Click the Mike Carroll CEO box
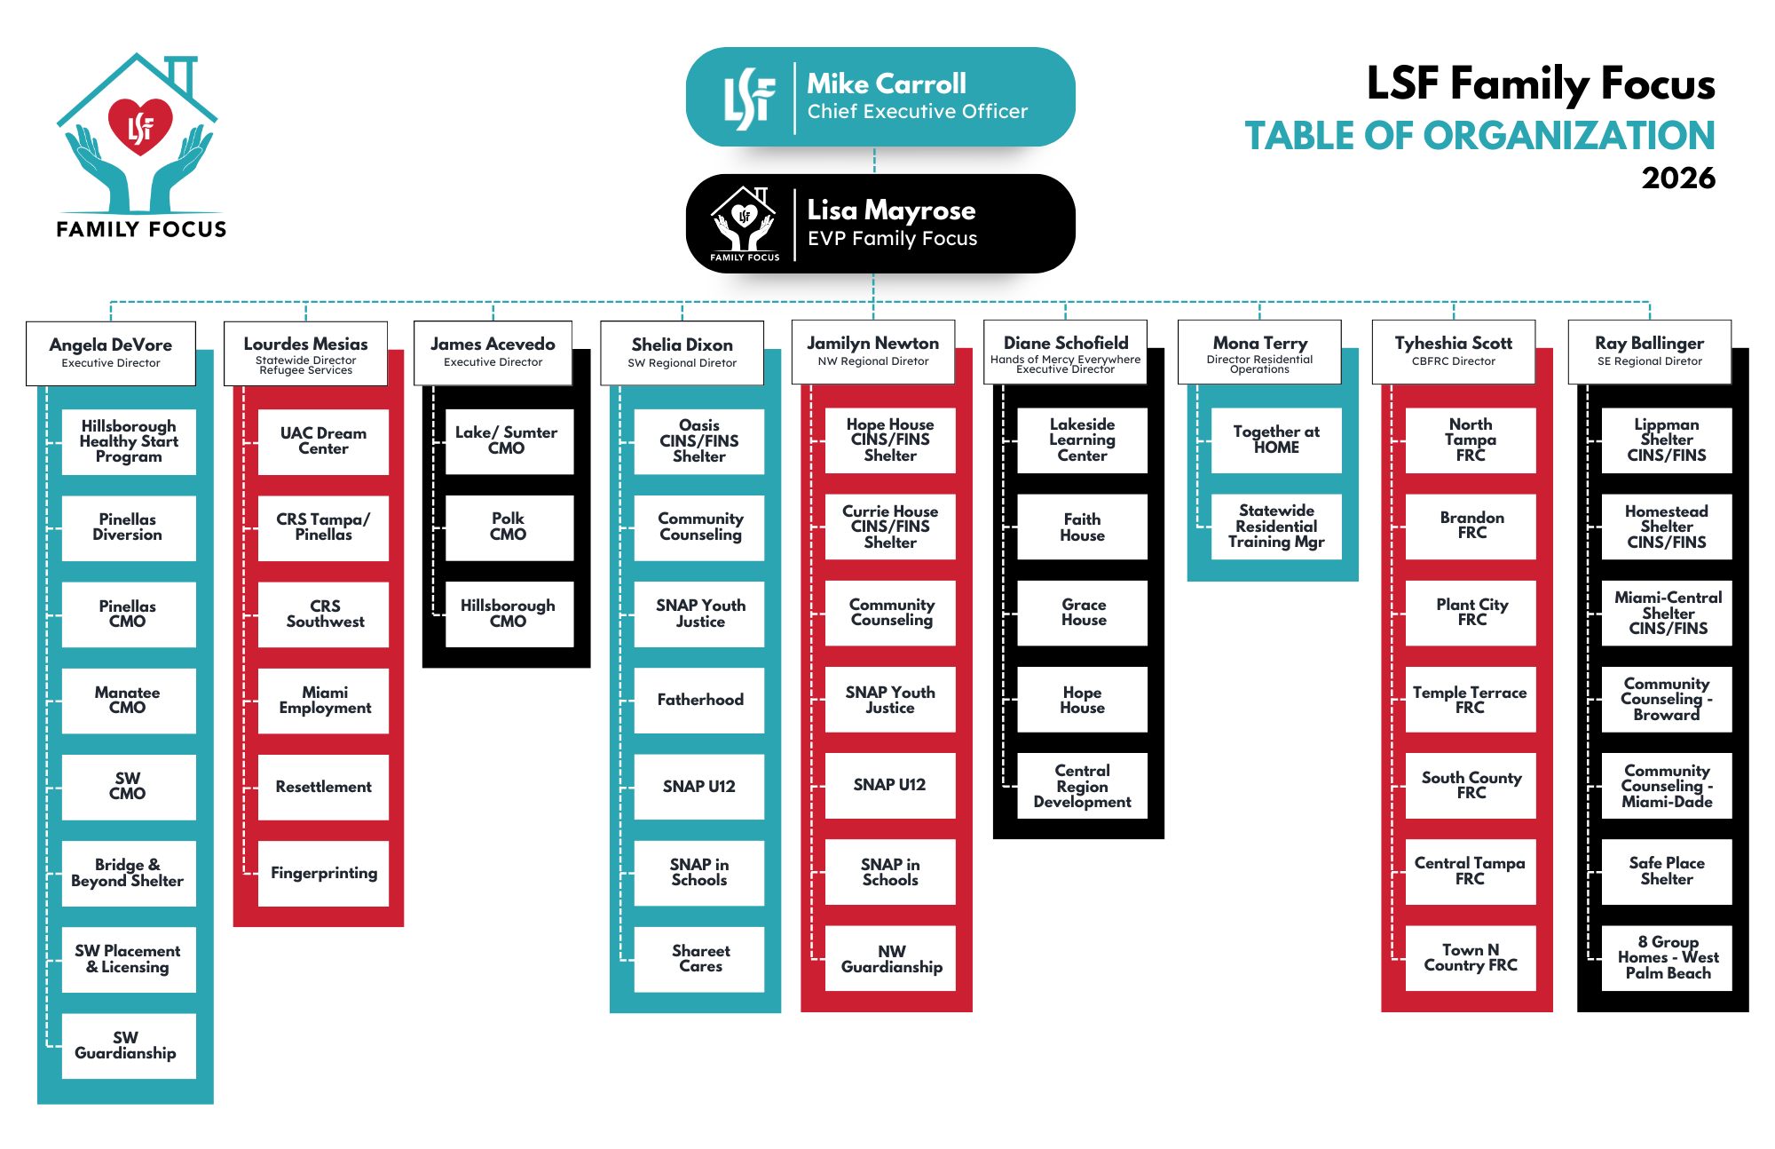click(x=880, y=97)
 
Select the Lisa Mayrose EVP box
click(x=880, y=224)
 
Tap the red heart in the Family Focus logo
click(x=140, y=127)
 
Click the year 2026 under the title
click(x=1677, y=178)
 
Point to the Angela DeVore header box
click(x=111, y=353)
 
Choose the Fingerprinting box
click(x=323, y=873)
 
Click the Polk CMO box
click(x=509, y=527)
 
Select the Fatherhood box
click(x=699, y=700)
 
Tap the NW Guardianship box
click(x=890, y=959)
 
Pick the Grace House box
click(x=1082, y=613)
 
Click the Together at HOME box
click(x=1275, y=440)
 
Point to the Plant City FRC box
click(x=1471, y=613)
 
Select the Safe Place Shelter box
click(x=1666, y=871)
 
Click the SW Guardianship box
click(x=128, y=1045)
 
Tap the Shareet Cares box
click(x=699, y=959)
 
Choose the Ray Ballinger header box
click(x=1649, y=352)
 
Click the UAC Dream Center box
click(x=323, y=441)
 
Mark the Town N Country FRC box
click(x=1471, y=958)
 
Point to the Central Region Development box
click(x=1082, y=786)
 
